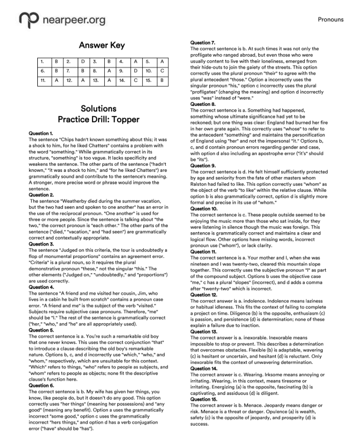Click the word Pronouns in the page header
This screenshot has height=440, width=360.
click(330, 20)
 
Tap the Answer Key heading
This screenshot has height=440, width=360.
click(102, 46)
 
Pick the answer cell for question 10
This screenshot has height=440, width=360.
click(162, 71)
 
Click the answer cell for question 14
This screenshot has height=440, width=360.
click(136, 80)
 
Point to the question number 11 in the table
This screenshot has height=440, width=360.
click(43, 80)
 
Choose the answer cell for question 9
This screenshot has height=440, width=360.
click(136, 71)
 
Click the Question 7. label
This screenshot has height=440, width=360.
click(202, 42)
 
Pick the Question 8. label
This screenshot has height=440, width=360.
click(202, 104)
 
